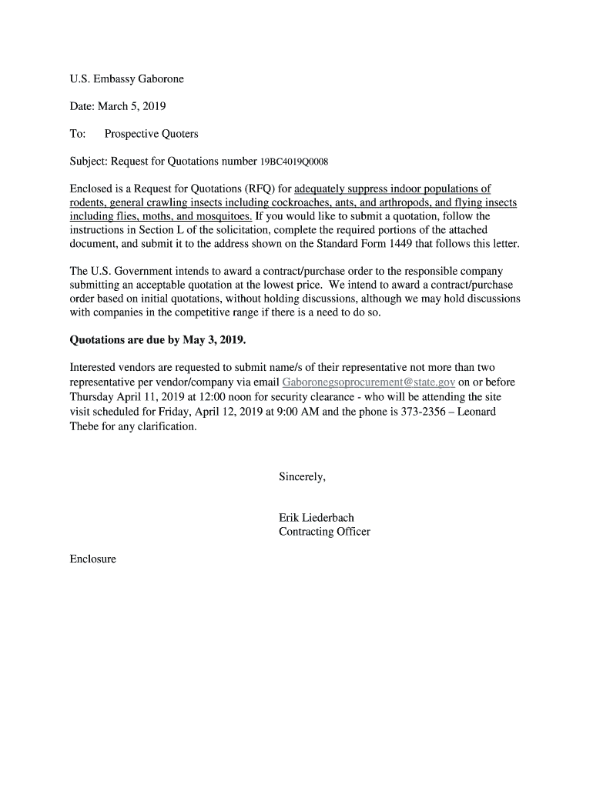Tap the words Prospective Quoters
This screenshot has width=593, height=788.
[151, 134]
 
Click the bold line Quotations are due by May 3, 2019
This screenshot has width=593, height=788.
[158, 339]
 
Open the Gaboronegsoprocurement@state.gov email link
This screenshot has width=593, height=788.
[369, 382]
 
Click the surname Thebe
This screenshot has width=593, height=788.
[85, 426]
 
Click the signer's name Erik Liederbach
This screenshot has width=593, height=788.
[317, 518]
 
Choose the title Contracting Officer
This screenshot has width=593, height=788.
[324, 532]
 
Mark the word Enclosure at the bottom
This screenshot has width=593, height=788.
[92, 559]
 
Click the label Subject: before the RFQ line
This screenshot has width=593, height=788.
[89, 162]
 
